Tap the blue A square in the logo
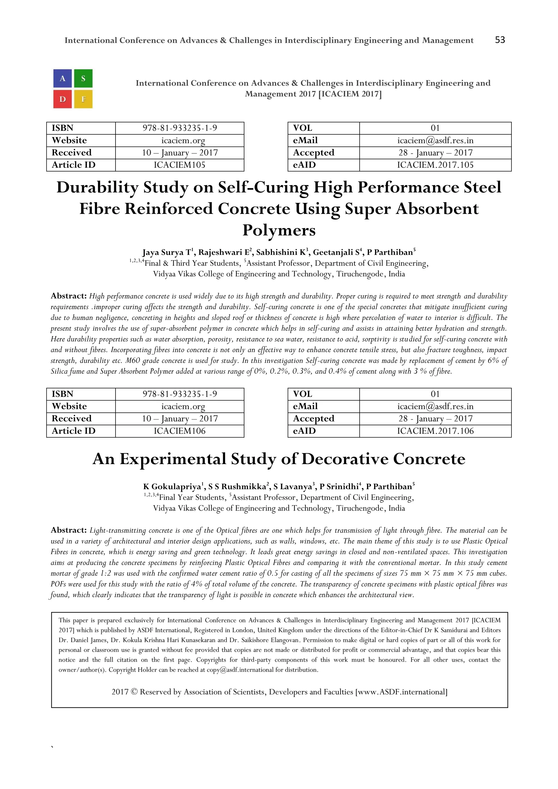[x=63, y=78]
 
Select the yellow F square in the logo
[x=83, y=99]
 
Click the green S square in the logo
[x=83, y=78]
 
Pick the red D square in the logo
[x=63, y=99]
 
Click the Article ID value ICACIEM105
[x=179, y=165]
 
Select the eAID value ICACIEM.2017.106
[x=435, y=431]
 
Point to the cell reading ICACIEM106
[x=179, y=431]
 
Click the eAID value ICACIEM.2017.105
[x=435, y=165]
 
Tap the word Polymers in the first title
[x=279, y=230]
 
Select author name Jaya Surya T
[x=167, y=253]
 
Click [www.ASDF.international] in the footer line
[x=401, y=692]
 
